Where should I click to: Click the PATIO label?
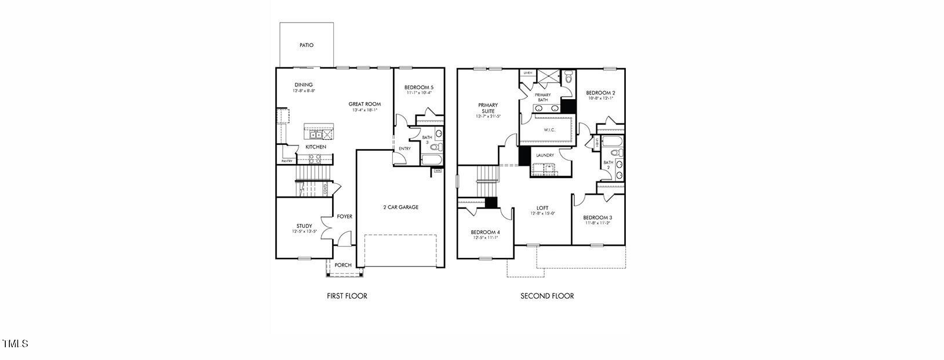(307, 45)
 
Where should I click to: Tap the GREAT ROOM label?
(365, 104)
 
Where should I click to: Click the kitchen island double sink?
(315, 134)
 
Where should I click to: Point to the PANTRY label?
(287, 161)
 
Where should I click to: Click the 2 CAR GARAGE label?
(400, 207)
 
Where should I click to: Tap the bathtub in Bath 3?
(432, 159)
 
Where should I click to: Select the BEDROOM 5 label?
(419, 88)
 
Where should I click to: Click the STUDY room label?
(304, 226)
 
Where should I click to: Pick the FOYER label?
(345, 217)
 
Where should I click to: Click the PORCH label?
(343, 265)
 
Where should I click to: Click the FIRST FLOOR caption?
(347, 296)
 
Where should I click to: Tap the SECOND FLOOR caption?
(547, 296)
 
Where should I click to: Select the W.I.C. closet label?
(549, 130)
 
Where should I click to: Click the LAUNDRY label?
(545, 155)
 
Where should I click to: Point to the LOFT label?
(542, 208)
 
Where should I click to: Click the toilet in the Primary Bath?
(568, 77)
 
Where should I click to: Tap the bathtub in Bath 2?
(612, 141)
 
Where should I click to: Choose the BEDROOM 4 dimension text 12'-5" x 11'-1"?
(485, 238)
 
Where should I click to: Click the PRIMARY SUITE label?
(488, 108)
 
